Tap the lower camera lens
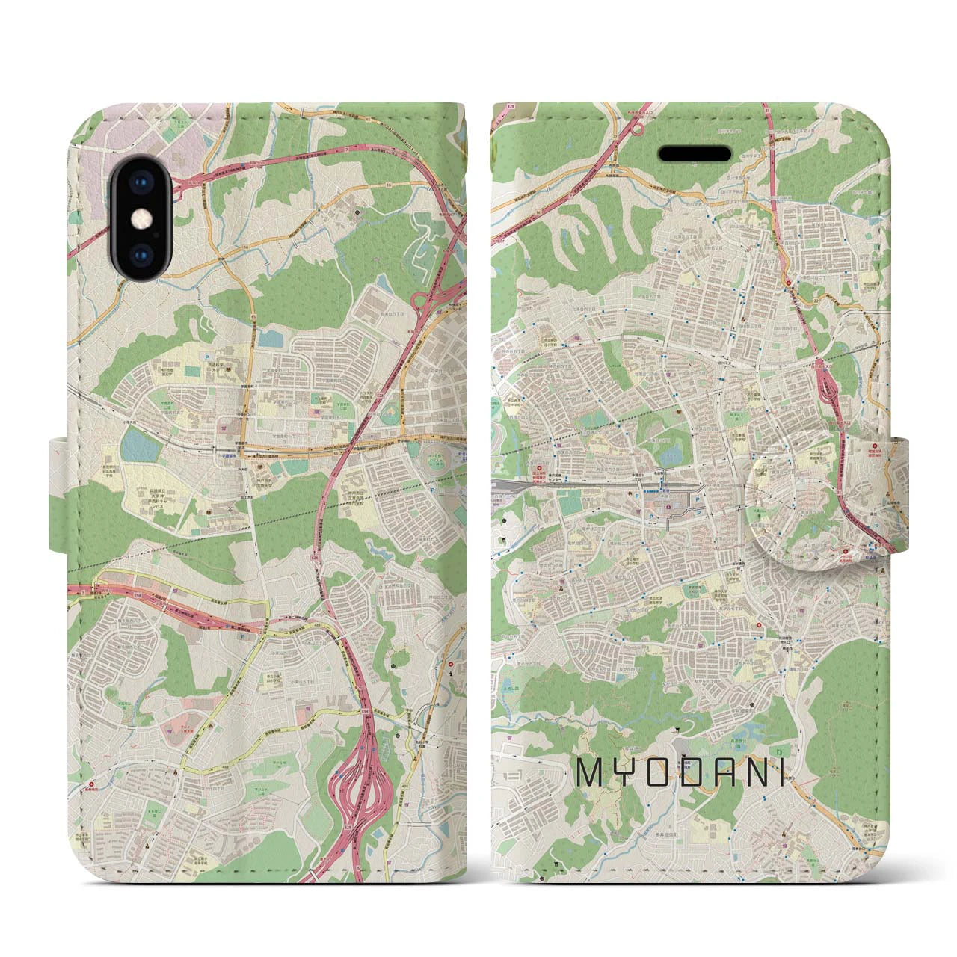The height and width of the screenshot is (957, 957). tap(141, 253)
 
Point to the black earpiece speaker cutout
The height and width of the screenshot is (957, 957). tap(694, 153)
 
